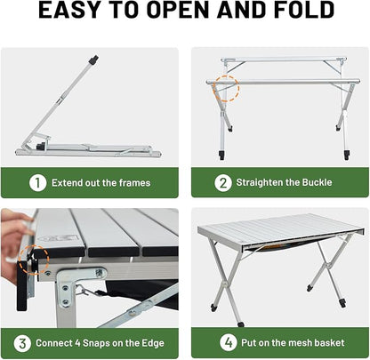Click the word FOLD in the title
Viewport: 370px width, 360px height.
(x=302, y=12)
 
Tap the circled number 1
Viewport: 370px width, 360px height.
(x=36, y=183)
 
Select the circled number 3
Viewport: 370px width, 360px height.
(x=23, y=343)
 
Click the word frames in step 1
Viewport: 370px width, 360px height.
(x=132, y=183)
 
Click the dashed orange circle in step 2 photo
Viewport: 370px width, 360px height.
(x=226, y=90)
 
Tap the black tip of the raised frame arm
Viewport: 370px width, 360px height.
(x=93, y=60)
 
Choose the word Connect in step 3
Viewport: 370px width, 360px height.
(x=55, y=343)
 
